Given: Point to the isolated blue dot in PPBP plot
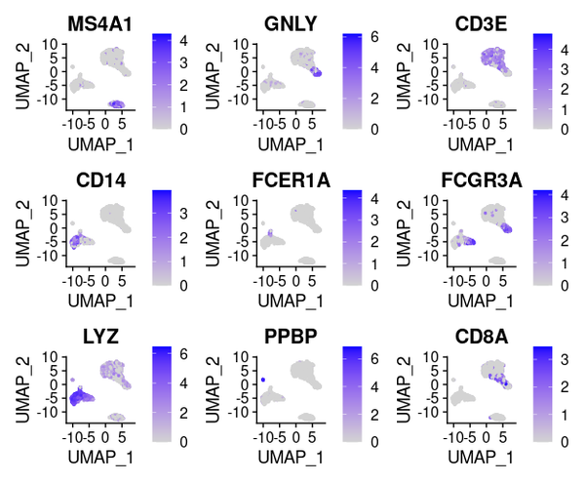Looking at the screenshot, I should (263, 379).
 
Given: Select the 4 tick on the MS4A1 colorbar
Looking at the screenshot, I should (183, 39).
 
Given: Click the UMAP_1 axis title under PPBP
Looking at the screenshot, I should (289, 460).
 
